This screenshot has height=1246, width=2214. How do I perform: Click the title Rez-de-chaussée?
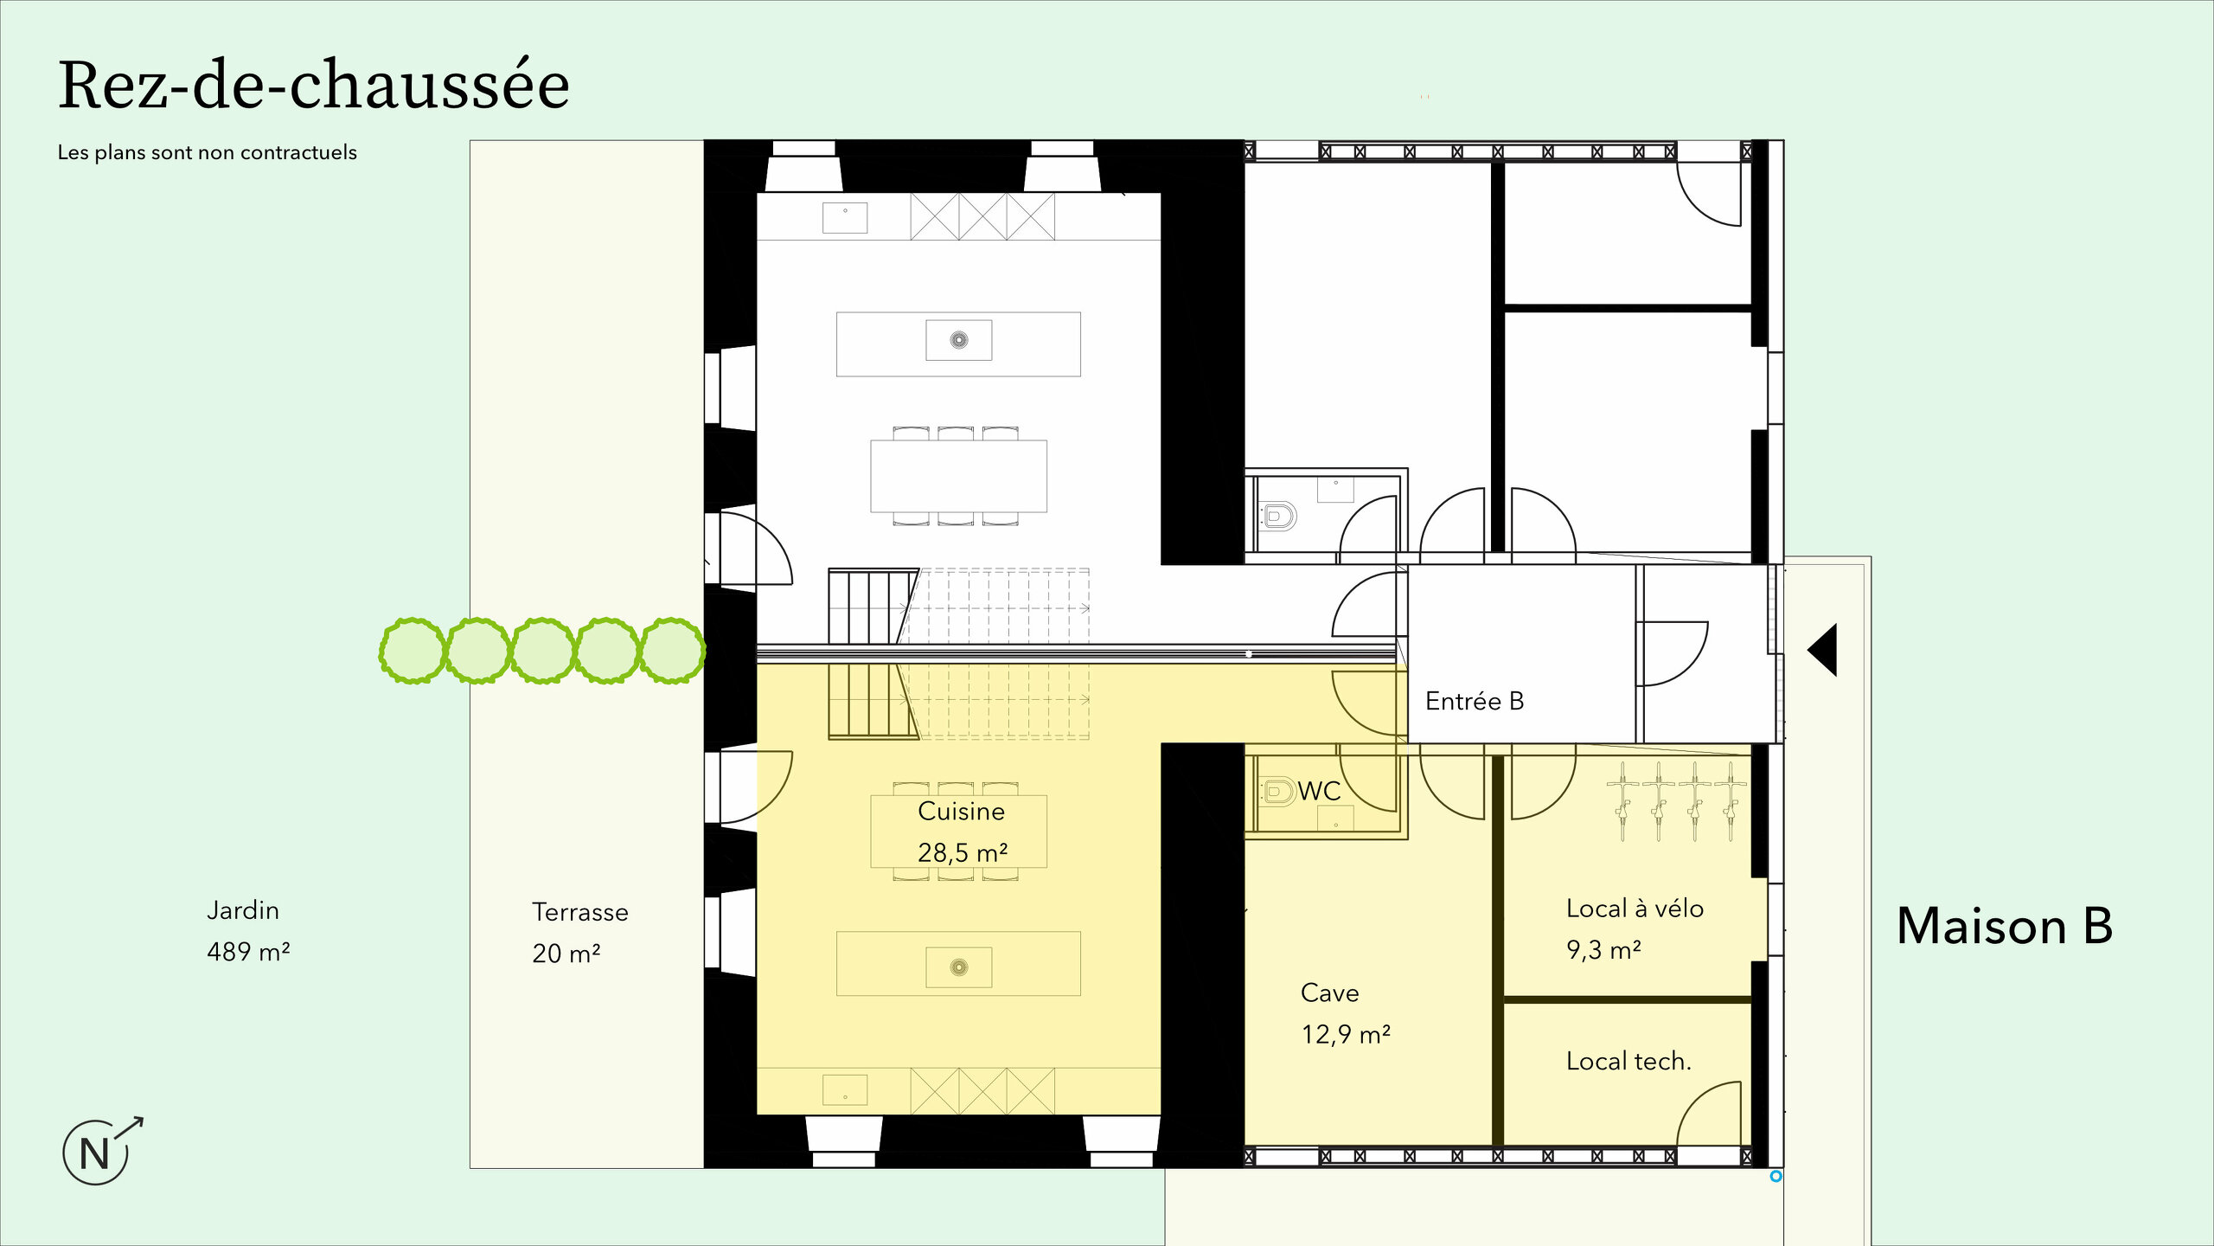[x=313, y=87]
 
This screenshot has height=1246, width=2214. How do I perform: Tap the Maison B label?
[x=2004, y=926]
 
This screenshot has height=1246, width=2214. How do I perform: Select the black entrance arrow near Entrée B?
[x=1823, y=650]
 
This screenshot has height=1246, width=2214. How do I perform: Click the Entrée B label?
[x=1474, y=701]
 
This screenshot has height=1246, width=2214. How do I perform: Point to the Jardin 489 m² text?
[x=247, y=931]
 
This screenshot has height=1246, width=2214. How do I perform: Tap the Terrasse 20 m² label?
[x=579, y=933]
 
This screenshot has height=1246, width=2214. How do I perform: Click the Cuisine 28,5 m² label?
[x=961, y=832]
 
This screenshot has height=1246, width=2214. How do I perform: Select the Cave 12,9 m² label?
[x=1344, y=1013]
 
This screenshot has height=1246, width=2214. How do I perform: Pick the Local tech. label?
[x=1628, y=1061]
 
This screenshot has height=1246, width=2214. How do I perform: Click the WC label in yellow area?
[x=1319, y=791]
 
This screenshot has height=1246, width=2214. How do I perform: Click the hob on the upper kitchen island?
[x=958, y=340]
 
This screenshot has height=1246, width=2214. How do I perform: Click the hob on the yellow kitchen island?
[x=958, y=967]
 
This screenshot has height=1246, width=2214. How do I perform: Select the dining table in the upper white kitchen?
[x=958, y=476]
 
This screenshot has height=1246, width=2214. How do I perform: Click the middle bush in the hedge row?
[x=542, y=651]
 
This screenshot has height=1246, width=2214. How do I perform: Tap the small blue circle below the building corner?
[x=1776, y=1177]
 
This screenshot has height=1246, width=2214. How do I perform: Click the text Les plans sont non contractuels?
[x=207, y=152]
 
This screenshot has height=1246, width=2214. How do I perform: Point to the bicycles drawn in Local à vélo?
[x=1676, y=800]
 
